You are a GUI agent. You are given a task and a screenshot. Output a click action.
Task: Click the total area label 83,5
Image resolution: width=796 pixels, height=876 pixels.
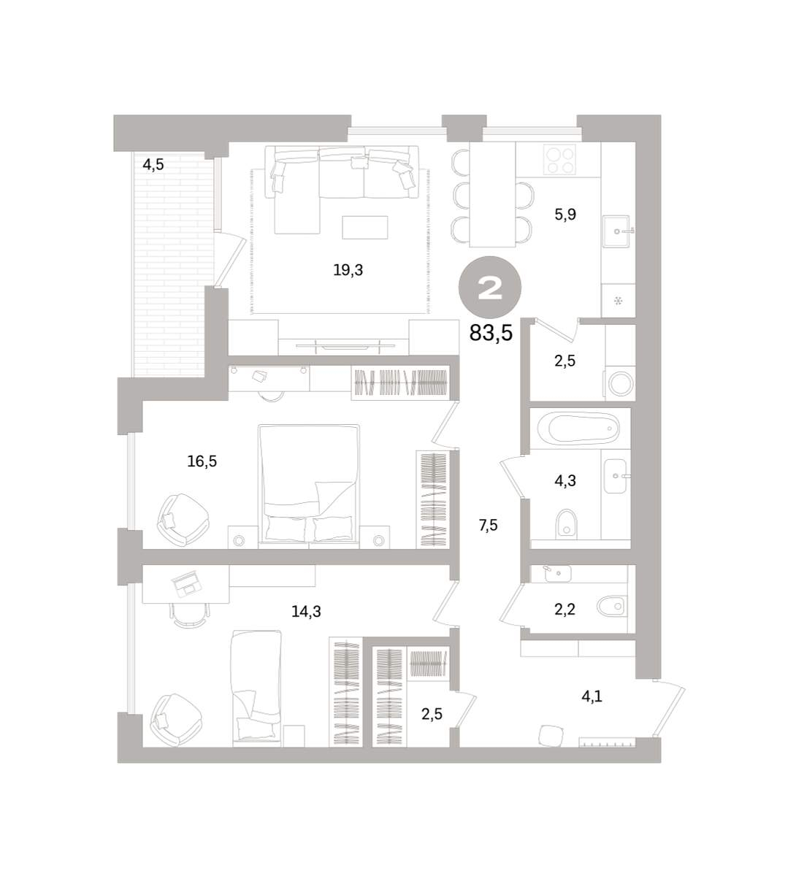tap(491, 334)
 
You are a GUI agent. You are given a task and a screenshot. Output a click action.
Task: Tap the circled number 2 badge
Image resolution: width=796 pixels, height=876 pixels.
tap(490, 288)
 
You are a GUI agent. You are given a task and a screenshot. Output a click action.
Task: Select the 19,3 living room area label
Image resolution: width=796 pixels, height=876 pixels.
tap(348, 270)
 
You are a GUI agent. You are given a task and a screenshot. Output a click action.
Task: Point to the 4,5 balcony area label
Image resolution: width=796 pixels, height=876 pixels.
tap(153, 165)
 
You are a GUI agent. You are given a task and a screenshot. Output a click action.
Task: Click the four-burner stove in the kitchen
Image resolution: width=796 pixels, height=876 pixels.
tap(559, 161)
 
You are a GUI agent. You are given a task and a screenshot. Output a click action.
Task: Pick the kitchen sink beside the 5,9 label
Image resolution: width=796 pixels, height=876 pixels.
tap(616, 231)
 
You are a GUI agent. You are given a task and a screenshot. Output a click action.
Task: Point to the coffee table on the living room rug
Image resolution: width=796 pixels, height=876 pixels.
tap(365, 227)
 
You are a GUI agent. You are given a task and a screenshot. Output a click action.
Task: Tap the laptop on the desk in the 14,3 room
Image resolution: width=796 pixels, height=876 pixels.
tap(186, 583)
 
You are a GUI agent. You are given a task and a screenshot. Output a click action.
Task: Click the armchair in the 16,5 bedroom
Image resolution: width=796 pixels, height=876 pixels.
tap(183, 520)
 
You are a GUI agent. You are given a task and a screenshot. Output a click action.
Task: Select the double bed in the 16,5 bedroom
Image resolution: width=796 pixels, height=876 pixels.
tap(308, 485)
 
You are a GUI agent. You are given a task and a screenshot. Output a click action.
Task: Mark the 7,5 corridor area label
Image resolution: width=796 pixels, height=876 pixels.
tap(488, 526)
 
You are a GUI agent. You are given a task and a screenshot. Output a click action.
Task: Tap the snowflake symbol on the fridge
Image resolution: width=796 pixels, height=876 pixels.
tap(618, 301)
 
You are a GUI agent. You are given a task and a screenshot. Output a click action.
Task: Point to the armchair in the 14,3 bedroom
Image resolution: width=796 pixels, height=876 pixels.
tap(176, 720)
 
